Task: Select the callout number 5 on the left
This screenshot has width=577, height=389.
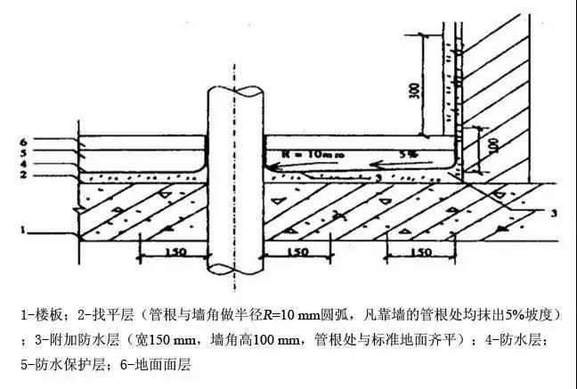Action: (25, 153)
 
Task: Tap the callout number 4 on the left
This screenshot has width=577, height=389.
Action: (25, 164)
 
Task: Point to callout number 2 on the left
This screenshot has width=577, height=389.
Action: (25, 174)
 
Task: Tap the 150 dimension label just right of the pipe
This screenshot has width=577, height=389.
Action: (297, 252)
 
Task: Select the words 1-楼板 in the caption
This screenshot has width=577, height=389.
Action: (43, 316)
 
